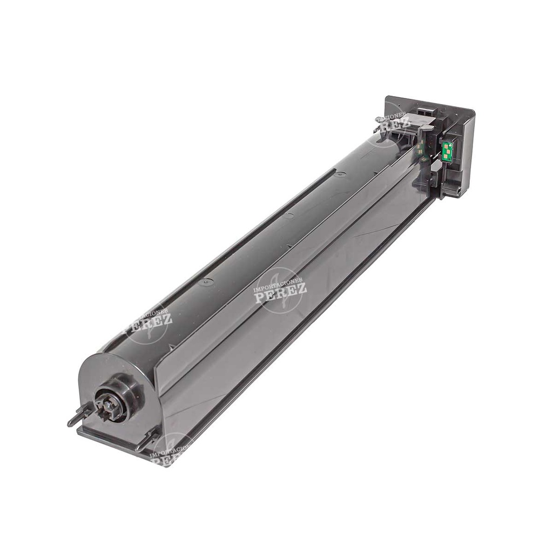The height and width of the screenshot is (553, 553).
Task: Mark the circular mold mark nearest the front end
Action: tap(205, 282)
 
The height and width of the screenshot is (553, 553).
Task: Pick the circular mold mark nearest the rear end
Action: tap(340, 174)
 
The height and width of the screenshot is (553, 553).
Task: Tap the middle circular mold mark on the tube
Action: tap(289, 215)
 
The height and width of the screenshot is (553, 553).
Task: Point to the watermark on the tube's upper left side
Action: tap(147, 322)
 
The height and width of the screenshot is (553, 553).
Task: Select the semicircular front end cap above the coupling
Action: tap(108, 367)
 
